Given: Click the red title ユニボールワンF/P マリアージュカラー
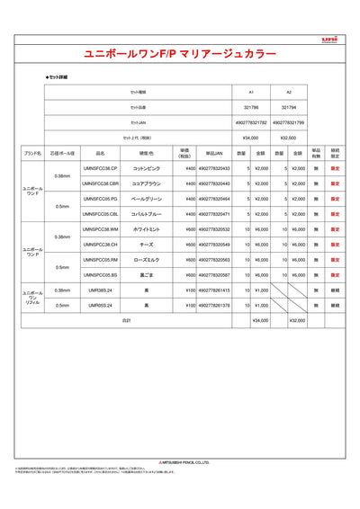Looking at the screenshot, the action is [x=180, y=55].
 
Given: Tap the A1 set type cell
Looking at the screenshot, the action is [x=251, y=92].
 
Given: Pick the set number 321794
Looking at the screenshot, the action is [x=288, y=107].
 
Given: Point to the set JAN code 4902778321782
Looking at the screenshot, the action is [x=251, y=121].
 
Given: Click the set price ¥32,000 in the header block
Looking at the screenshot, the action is [x=288, y=137].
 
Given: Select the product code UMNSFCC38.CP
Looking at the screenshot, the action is [x=101, y=168].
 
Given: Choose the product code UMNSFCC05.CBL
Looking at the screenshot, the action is [x=101, y=214].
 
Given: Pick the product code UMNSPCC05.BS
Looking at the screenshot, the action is [x=101, y=275].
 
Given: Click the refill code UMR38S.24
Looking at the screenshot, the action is [x=101, y=290].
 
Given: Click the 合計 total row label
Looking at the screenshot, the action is [x=127, y=320].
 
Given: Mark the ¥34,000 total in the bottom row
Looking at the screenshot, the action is [x=260, y=320].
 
